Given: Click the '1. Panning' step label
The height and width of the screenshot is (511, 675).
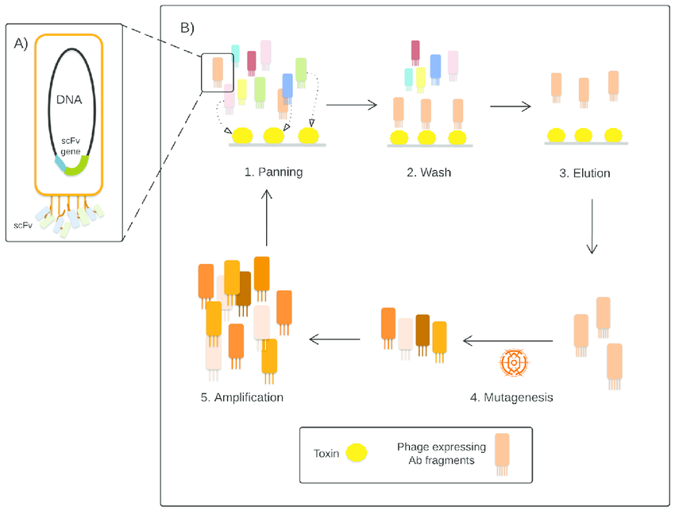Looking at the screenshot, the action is [x=273, y=172].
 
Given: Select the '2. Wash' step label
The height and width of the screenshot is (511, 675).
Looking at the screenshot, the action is [x=429, y=172].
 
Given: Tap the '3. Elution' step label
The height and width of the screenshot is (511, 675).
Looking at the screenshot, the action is [x=584, y=173].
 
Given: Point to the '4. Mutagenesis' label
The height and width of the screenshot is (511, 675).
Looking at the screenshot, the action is [x=511, y=397].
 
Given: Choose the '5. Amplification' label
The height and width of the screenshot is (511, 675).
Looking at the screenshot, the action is [x=242, y=397].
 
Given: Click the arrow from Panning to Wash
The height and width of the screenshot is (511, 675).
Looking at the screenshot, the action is [x=351, y=105].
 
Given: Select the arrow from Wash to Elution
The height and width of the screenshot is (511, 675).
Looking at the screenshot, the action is [x=510, y=106].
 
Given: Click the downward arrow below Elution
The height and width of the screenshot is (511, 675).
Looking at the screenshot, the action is [x=592, y=226].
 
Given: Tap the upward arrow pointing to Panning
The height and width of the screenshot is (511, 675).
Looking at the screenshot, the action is [x=267, y=218].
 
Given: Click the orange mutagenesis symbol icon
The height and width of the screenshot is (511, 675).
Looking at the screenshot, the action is [x=514, y=362].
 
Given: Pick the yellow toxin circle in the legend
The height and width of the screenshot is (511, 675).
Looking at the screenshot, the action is [x=357, y=453].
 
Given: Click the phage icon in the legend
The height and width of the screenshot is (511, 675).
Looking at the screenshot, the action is [x=502, y=454].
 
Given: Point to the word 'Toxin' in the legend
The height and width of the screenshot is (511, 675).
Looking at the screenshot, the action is [x=326, y=454].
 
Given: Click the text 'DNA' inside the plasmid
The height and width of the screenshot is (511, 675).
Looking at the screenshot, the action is [x=69, y=99].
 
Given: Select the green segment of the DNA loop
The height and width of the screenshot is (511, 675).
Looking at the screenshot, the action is [x=78, y=167].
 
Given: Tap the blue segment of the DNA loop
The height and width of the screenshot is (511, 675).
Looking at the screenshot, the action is [x=60, y=164].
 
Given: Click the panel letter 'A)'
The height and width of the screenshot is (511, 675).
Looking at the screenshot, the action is [x=21, y=44].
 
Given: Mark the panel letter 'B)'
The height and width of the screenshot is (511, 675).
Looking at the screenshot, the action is [x=187, y=28].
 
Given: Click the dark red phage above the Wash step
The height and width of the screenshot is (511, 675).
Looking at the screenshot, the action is [x=415, y=52].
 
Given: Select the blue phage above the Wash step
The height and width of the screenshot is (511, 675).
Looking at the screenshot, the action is [x=435, y=69].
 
